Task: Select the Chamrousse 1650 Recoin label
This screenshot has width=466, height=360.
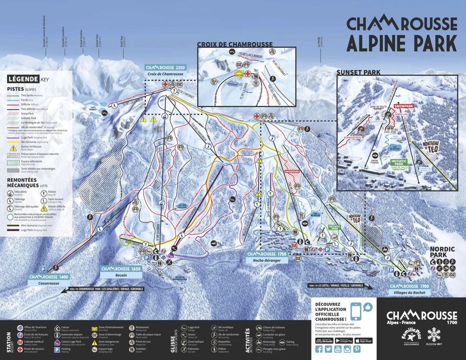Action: click(121, 271)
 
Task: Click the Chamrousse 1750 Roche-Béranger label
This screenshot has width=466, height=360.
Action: click(267, 256)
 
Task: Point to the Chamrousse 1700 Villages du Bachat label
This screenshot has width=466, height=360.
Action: click(409, 289)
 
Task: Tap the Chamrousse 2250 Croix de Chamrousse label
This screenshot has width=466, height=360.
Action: click(165, 70)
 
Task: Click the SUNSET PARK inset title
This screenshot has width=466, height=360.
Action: click(358, 71)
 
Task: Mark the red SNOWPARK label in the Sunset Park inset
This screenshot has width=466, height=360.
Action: click(404, 107)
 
